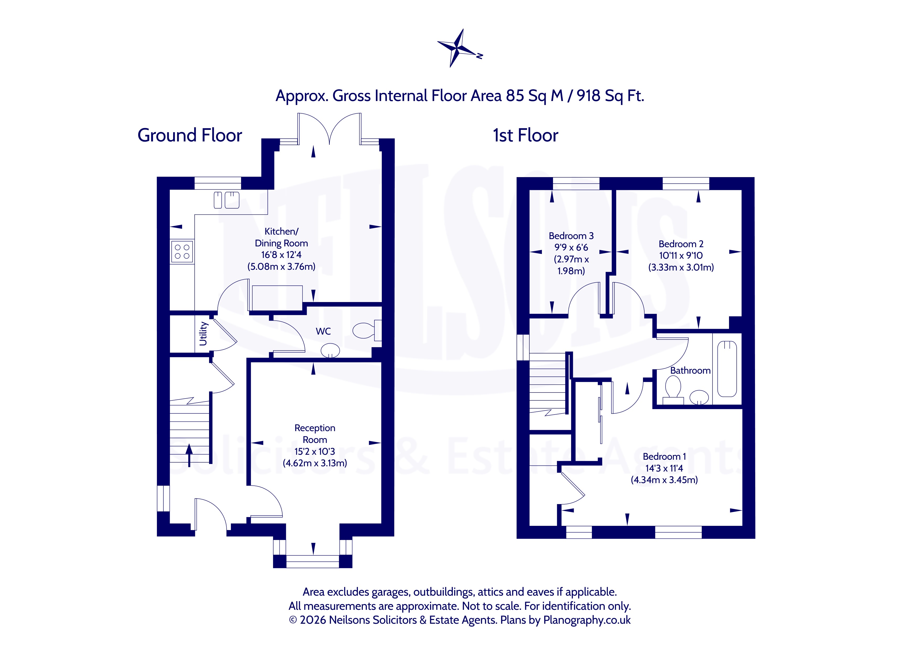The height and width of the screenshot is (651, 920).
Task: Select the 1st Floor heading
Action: click(x=525, y=135)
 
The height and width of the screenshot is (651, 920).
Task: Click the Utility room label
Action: click(x=203, y=334)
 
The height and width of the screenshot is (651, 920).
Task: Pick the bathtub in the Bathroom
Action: click(x=727, y=369)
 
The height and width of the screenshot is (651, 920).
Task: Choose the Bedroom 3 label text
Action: click(x=571, y=236)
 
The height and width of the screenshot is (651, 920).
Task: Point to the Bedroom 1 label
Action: click(x=664, y=456)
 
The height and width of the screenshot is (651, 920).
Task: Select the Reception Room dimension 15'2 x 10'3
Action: click(x=315, y=451)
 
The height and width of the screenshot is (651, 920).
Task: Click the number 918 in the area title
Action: click(x=589, y=96)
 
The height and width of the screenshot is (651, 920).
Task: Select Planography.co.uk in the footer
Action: click(x=587, y=620)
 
